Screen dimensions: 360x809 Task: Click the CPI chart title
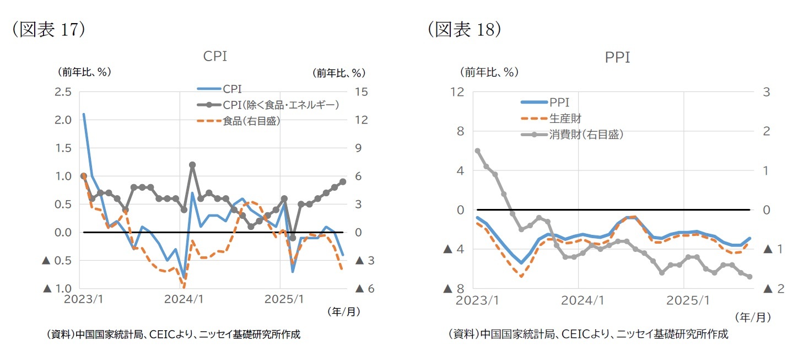pyautogui.click(x=215, y=56)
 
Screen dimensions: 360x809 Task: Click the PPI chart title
pyautogui.click(x=617, y=57)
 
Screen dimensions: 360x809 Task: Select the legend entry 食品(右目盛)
pyautogui.click(x=252, y=121)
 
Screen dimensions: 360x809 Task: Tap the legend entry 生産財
pyautogui.click(x=565, y=118)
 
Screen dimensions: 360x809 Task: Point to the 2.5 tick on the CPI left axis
pyautogui.click(x=63, y=92)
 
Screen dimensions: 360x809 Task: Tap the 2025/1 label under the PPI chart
pyautogui.click(x=683, y=301)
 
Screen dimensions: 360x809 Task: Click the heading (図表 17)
pyautogui.click(x=49, y=29)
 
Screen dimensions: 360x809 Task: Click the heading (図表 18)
pyautogui.click(x=464, y=29)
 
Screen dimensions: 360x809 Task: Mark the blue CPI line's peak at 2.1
pyautogui.click(x=84, y=114)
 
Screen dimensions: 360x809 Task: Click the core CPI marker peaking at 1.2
pyautogui.click(x=192, y=164)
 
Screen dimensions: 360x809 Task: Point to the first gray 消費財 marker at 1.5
pyautogui.click(x=477, y=151)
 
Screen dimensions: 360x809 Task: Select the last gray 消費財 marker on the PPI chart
pyautogui.click(x=750, y=277)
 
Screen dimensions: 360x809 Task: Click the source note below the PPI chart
pyautogui.click(x=586, y=334)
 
